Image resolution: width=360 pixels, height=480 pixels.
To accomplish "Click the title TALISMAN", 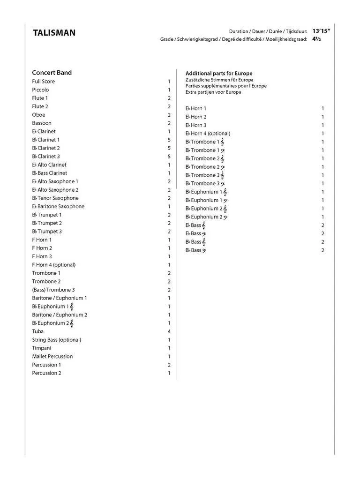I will pyautogui.click(x=54, y=33).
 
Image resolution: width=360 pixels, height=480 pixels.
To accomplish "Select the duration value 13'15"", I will pyautogui.click(x=322, y=31).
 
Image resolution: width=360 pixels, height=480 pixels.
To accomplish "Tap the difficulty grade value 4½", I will pyautogui.click(x=316, y=39).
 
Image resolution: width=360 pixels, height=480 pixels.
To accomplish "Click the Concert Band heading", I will pyautogui.click(x=52, y=73).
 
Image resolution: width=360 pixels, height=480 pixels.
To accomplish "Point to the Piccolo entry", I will pyautogui.click(x=40, y=90).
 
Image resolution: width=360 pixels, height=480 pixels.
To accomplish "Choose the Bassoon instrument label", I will pyautogui.click(x=42, y=123).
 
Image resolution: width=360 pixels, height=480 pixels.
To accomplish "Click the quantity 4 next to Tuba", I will pyautogui.click(x=169, y=331).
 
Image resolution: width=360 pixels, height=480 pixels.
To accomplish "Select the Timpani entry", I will pyautogui.click(x=42, y=348).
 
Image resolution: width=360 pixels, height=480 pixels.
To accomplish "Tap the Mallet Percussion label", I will pyautogui.click(x=52, y=357).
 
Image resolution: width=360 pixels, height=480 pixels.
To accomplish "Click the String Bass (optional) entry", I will pyautogui.click(x=56, y=340).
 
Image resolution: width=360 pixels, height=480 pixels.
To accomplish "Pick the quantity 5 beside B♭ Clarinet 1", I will pyautogui.click(x=169, y=140).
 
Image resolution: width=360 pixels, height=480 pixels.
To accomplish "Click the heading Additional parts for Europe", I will pyautogui.click(x=219, y=74).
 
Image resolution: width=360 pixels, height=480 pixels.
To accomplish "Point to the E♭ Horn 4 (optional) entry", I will pyautogui.click(x=208, y=134).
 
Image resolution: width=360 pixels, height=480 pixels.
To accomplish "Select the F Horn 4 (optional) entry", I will pyautogui.click(x=53, y=265).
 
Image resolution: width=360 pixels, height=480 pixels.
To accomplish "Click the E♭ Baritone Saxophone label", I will pyautogui.click(x=58, y=207).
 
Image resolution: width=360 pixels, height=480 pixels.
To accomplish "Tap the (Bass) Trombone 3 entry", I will pyautogui.click(x=53, y=290).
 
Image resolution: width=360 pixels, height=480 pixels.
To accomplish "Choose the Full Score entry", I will pyautogui.click(x=43, y=82).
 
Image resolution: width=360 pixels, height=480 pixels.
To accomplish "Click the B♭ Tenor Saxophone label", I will pyautogui.click(x=55, y=198).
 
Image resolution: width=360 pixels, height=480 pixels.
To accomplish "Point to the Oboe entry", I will pyautogui.click(x=38, y=115).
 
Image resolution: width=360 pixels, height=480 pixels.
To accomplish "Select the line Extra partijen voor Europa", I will pyautogui.click(x=213, y=92).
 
